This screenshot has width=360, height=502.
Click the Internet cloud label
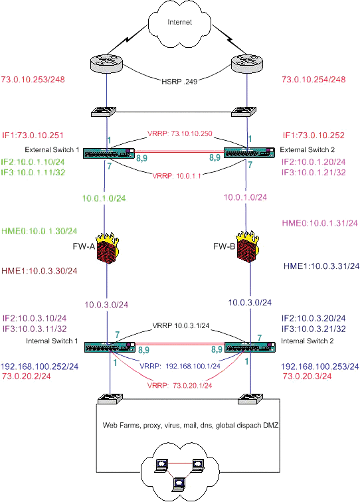click(180, 22)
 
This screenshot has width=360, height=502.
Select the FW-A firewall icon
click(108, 249)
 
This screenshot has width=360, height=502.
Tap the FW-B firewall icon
click(248, 246)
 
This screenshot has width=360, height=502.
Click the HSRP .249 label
click(179, 81)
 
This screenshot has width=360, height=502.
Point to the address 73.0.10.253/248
click(33, 80)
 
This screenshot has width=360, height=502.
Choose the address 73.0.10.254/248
click(314, 80)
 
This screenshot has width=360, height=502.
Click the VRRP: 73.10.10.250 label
click(180, 133)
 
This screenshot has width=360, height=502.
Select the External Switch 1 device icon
click(109, 153)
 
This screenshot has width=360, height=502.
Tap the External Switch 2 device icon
click(249, 153)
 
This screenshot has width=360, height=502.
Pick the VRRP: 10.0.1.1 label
click(177, 176)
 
